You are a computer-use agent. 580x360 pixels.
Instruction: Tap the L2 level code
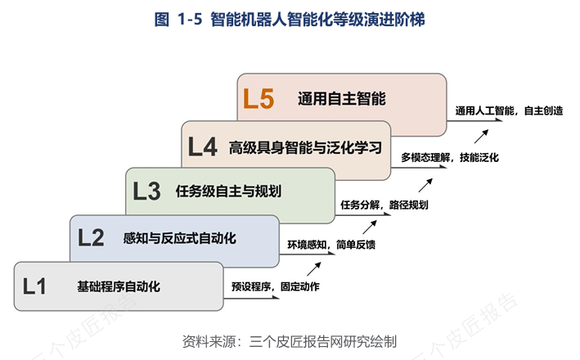pos(92,238)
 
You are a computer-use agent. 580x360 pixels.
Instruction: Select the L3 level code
pos(147,191)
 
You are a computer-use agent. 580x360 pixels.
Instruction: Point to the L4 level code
pos(202,146)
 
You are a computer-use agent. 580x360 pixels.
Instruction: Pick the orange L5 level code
pos(258,99)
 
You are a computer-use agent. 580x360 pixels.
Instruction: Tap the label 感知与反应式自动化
pos(179,238)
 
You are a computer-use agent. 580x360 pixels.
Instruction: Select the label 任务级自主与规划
pos(228,191)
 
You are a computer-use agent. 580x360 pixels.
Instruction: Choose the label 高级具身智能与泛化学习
pos(305,146)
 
